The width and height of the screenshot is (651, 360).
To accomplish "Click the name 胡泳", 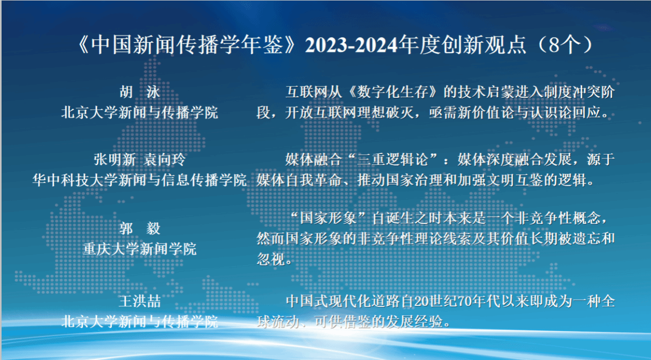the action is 139,92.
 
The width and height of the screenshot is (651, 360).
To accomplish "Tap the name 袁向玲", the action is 165,160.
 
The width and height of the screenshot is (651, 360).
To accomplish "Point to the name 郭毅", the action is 139,228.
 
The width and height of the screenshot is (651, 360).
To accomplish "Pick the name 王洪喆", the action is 139,301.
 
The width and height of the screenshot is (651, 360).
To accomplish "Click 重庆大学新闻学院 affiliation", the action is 139,249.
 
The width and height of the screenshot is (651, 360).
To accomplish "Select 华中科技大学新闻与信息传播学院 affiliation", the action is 139,180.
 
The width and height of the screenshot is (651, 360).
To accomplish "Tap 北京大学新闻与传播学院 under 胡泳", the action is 139,113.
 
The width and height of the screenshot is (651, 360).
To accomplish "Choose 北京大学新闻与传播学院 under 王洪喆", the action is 139,321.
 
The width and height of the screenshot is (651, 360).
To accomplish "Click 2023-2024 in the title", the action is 351,45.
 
